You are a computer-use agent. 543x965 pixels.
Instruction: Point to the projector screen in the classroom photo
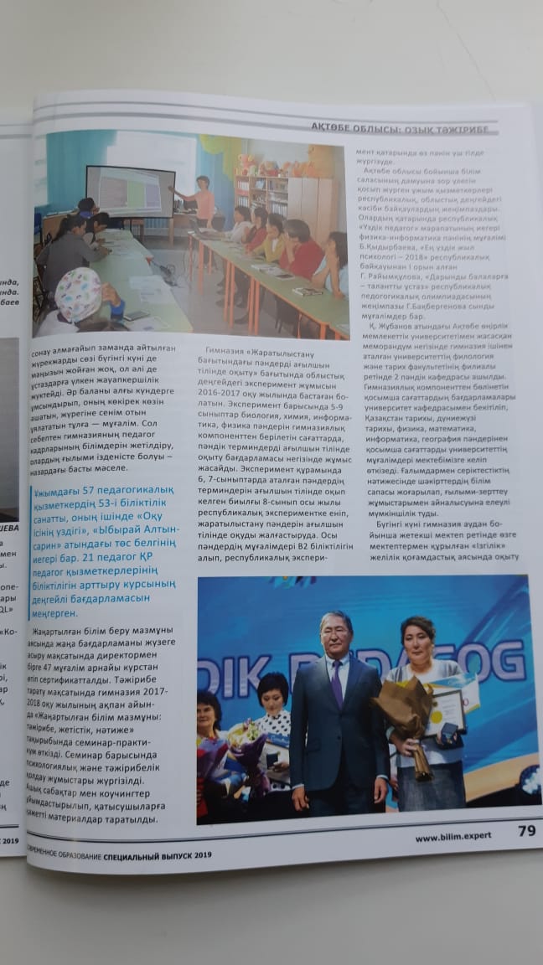tap(129, 190)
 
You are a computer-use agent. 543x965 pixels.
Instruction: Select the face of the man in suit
tap(336, 634)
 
